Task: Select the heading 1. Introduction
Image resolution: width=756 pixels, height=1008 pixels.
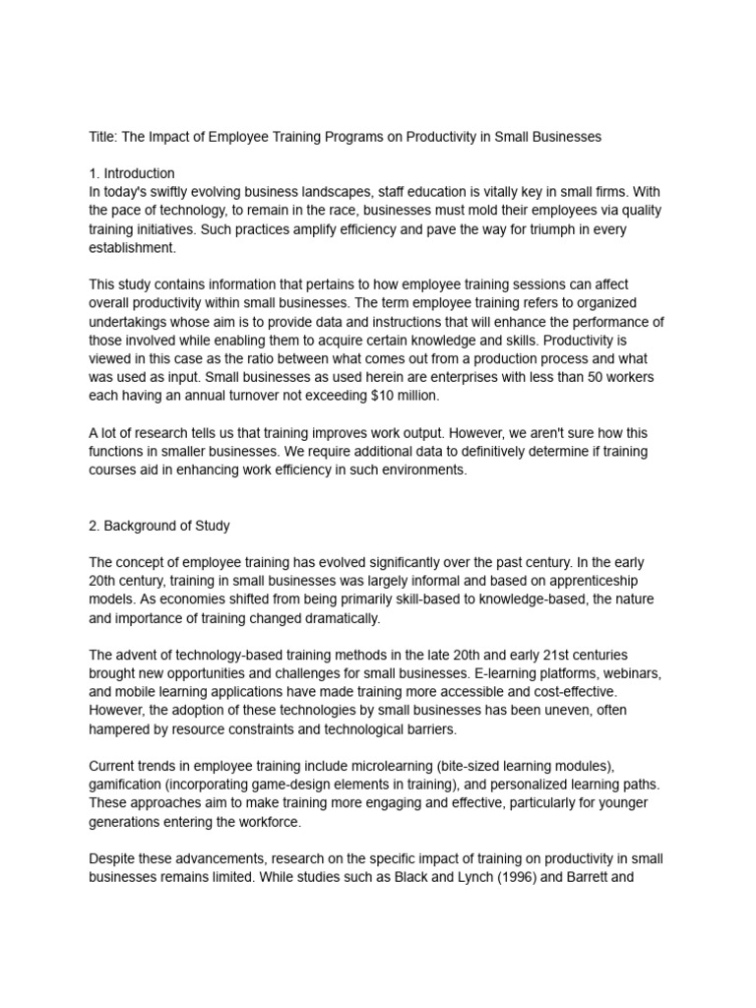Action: (132, 173)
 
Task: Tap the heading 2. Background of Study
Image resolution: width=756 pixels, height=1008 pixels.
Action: (159, 526)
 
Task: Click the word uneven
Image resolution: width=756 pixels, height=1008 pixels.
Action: (585, 709)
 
